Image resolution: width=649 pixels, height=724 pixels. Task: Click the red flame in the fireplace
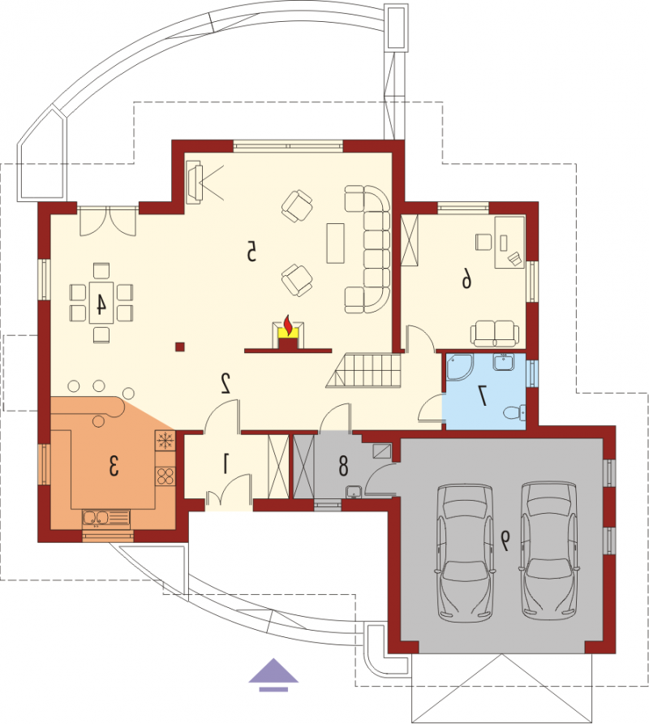coord(287,325)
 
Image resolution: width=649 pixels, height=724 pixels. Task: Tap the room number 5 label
coord(251,252)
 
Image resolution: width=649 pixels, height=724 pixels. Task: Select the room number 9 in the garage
coord(506,541)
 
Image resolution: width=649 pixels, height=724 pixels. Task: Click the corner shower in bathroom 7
coord(459,367)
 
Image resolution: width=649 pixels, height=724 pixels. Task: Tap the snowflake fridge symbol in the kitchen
coord(165,441)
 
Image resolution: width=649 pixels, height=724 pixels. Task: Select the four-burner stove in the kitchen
coord(165,476)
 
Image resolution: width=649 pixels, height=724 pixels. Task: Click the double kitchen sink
coord(106,519)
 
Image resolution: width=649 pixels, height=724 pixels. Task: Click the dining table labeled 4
coord(101,303)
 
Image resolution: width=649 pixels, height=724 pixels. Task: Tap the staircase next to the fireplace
coord(364,370)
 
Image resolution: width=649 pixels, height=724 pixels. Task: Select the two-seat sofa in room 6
coord(494,334)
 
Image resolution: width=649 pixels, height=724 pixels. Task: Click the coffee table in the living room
coord(336,243)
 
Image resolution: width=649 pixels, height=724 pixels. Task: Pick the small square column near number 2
coord(180,347)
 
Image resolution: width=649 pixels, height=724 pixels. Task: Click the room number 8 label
coord(343,466)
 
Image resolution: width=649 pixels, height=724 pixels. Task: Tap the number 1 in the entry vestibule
coord(226,463)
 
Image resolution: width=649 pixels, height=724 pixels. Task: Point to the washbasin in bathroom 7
coord(503,361)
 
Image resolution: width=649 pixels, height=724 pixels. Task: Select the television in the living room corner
coord(195,184)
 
